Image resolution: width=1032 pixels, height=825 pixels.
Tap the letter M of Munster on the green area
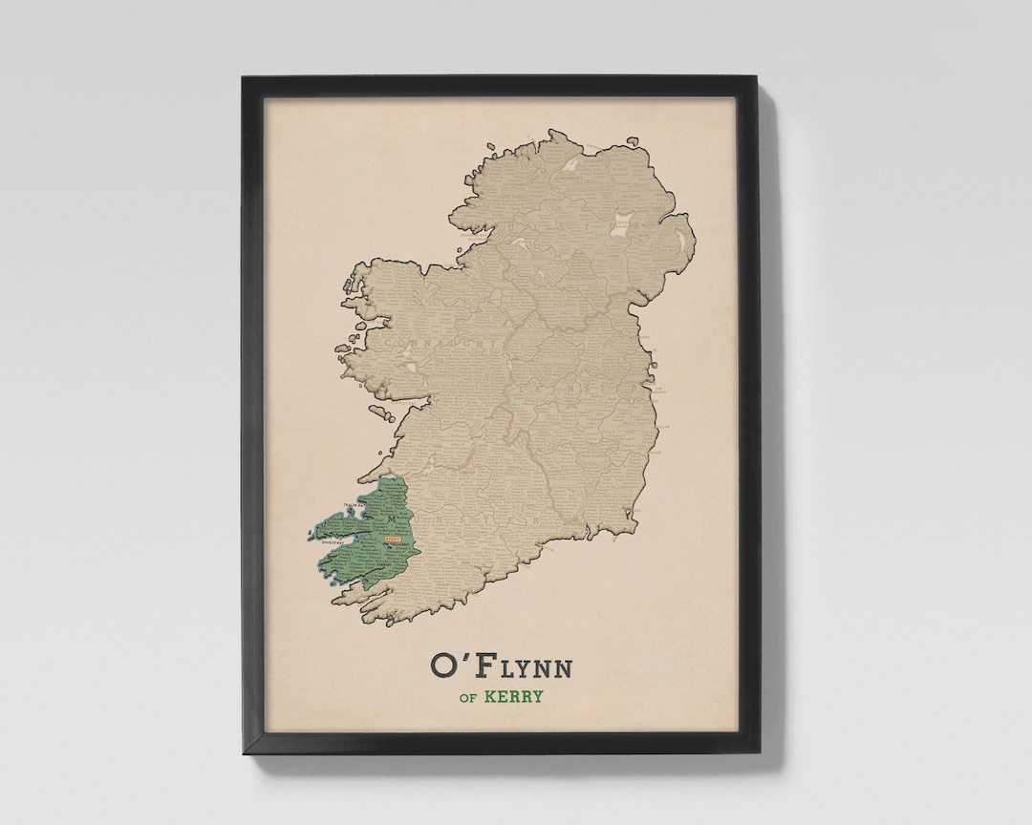click(391, 519)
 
